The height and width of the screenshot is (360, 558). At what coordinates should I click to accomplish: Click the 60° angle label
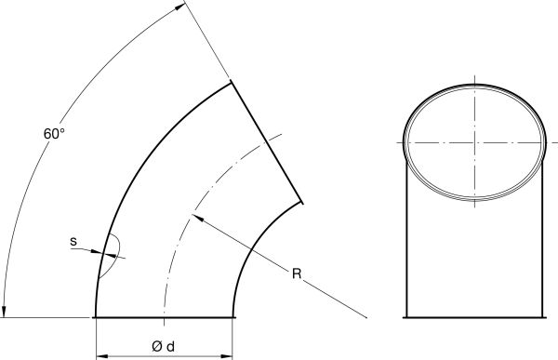(x=54, y=134)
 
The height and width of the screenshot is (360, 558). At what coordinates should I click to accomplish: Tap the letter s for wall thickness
(x=73, y=242)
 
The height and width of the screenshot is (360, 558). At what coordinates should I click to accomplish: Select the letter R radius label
(x=297, y=273)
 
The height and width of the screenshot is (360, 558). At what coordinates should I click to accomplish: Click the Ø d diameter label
(x=164, y=346)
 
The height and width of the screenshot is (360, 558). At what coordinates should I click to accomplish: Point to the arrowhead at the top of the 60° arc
(x=180, y=7)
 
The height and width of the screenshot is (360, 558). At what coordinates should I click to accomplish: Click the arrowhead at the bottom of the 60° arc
(x=4, y=312)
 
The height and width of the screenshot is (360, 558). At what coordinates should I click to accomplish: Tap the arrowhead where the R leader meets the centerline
(x=197, y=218)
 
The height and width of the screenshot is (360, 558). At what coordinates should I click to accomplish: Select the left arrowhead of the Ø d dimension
(x=102, y=356)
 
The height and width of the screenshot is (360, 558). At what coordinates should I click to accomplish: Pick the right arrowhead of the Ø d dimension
(x=227, y=356)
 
